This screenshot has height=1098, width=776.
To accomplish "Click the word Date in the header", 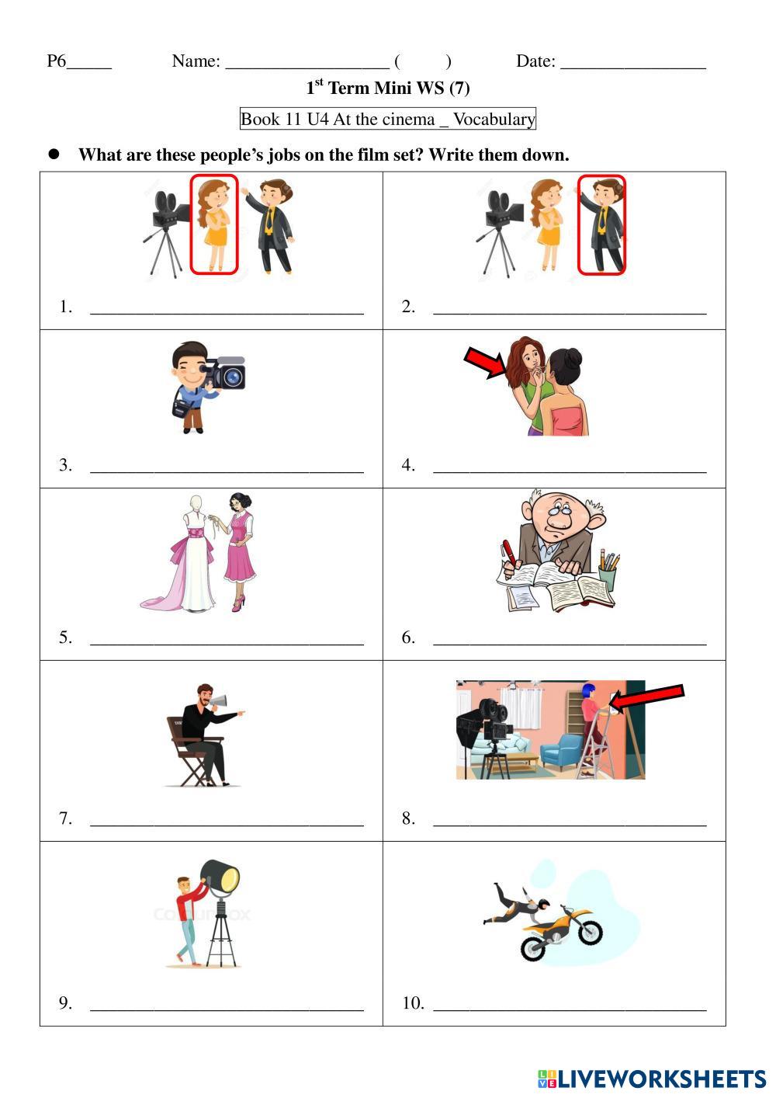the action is [535, 61].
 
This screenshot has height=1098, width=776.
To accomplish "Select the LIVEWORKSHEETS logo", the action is [652, 1079].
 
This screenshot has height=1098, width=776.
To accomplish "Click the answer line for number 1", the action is [227, 312].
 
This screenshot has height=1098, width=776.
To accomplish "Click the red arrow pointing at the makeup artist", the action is [487, 362].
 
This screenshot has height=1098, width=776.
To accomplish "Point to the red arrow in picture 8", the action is [646, 698].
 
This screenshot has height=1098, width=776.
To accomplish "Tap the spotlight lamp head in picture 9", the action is [220, 877].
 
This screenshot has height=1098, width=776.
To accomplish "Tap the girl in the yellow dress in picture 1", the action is [214, 224].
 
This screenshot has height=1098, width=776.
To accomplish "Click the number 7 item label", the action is [65, 818].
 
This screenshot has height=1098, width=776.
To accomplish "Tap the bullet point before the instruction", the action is [54, 154].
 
